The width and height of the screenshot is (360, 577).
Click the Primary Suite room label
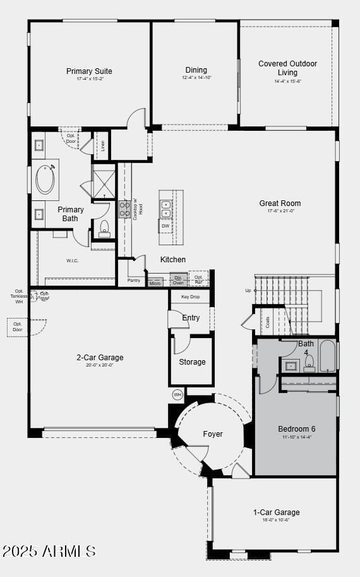[x=89, y=71]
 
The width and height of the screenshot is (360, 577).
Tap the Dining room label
[x=196, y=70]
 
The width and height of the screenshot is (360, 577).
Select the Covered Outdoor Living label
[x=287, y=68]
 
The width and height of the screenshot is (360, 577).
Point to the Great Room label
[x=280, y=203]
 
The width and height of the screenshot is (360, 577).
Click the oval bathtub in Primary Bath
[x=45, y=179]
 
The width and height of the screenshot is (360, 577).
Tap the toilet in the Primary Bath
[x=105, y=228]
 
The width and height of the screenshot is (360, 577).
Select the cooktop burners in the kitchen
[x=124, y=209]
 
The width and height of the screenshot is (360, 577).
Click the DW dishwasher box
[x=165, y=226]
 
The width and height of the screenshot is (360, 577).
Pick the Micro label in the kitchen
[x=155, y=283]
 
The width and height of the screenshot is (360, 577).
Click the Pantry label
[x=134, y=280]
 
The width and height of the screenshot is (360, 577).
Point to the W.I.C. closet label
[x=73, y=260]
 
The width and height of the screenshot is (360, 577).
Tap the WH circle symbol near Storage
[x=177, y=394]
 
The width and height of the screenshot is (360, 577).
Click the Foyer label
[x=213, y=434]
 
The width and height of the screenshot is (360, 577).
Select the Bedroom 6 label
[x=296, y=429]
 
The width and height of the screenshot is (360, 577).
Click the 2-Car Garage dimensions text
[x=100, y=365]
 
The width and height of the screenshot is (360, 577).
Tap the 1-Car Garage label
[x=276, y=512]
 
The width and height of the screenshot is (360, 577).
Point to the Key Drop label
[x=190, y=296]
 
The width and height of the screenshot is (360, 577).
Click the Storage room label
[x=192, y=362]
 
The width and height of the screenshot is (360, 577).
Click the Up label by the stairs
[x=248, y=291]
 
